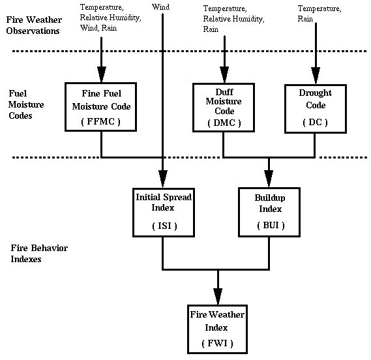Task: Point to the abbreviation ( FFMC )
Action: tap(101, 122)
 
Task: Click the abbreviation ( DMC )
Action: tap(224, 123)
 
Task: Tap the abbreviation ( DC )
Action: tap(315, 123)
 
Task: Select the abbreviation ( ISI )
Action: tap(164, 226)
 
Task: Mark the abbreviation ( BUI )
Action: tap(271, 225)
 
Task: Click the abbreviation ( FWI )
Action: tap(217, 343)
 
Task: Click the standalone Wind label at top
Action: tap(160, 7)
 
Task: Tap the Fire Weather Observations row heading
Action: tap(34, 25)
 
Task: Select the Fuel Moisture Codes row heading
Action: tap(26, 104)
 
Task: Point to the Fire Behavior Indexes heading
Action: tap(39, 253)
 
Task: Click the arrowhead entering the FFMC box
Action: tap(102, 74)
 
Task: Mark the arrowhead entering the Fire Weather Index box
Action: tap(218, 296)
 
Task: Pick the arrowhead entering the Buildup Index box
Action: tap(269, 179)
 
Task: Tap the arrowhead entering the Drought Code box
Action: tap(316, 76)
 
